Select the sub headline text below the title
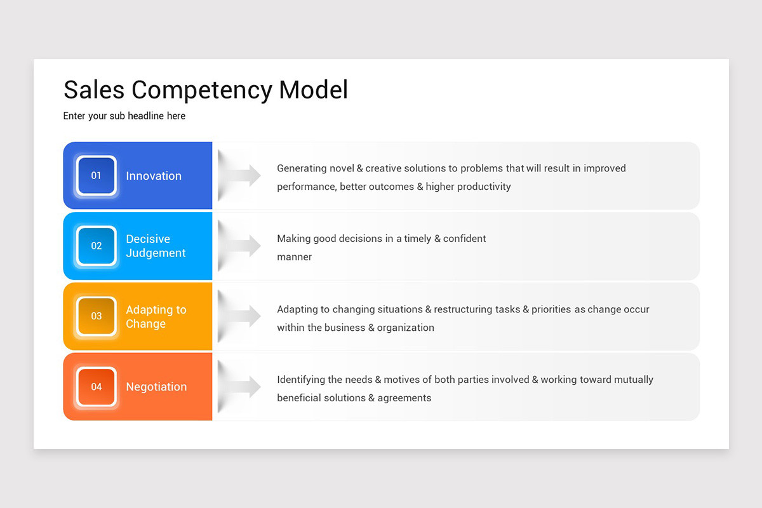click(124, 116)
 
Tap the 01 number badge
click(96, 176)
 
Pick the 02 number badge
click(96, 246)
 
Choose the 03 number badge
click(96, 316)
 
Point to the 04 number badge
click(96, 387)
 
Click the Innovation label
click(154, 176)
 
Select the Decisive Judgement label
click(156, 246)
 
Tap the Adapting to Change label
click(156, 316)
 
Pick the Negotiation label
click(156, 387)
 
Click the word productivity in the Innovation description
click(483, 187)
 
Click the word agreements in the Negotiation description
click(404, 398)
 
